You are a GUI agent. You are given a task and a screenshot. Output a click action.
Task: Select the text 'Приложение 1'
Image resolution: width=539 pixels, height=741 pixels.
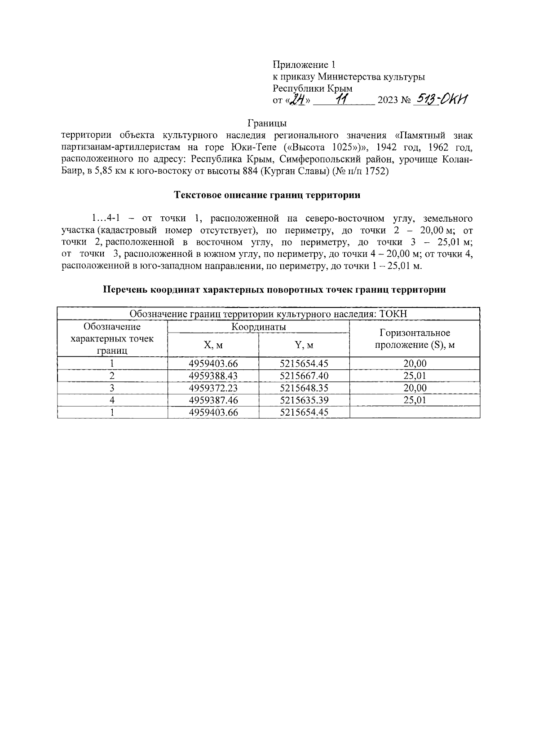click(x=304, y=65)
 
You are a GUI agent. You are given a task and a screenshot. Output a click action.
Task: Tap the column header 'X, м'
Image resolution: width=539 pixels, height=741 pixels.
click(x=213, y=345)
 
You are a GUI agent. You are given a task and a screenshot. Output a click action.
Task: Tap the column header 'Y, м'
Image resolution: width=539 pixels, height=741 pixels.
click(x=304, y=345)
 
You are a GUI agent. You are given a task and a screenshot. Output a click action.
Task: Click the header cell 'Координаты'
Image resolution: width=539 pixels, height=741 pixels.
click(x=258, y=327)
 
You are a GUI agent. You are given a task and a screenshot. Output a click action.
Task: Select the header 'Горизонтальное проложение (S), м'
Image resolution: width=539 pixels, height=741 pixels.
click(x=415, y=339)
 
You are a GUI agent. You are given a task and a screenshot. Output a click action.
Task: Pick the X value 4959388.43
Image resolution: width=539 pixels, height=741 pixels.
click(x=213, y=376)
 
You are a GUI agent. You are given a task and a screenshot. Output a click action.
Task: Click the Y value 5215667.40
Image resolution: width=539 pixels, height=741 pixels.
click(x=304, y=376)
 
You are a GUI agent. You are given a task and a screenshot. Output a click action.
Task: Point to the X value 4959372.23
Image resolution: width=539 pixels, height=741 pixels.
click(x=213, y=388)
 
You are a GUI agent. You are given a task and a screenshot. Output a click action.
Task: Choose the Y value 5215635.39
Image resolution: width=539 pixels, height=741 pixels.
click(x=304, y=400)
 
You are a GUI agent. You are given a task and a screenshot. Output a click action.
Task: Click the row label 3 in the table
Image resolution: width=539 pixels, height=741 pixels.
click(x=112, y=388)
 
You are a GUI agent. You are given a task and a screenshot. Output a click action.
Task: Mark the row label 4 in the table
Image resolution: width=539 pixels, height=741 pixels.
click(x=112, y=400)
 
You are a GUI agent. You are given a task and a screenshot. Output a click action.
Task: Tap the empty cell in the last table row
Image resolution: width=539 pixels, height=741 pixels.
click(x=415, y=412)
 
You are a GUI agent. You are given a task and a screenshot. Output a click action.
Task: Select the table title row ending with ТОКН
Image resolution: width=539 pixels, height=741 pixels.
click(x=268, y=314)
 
